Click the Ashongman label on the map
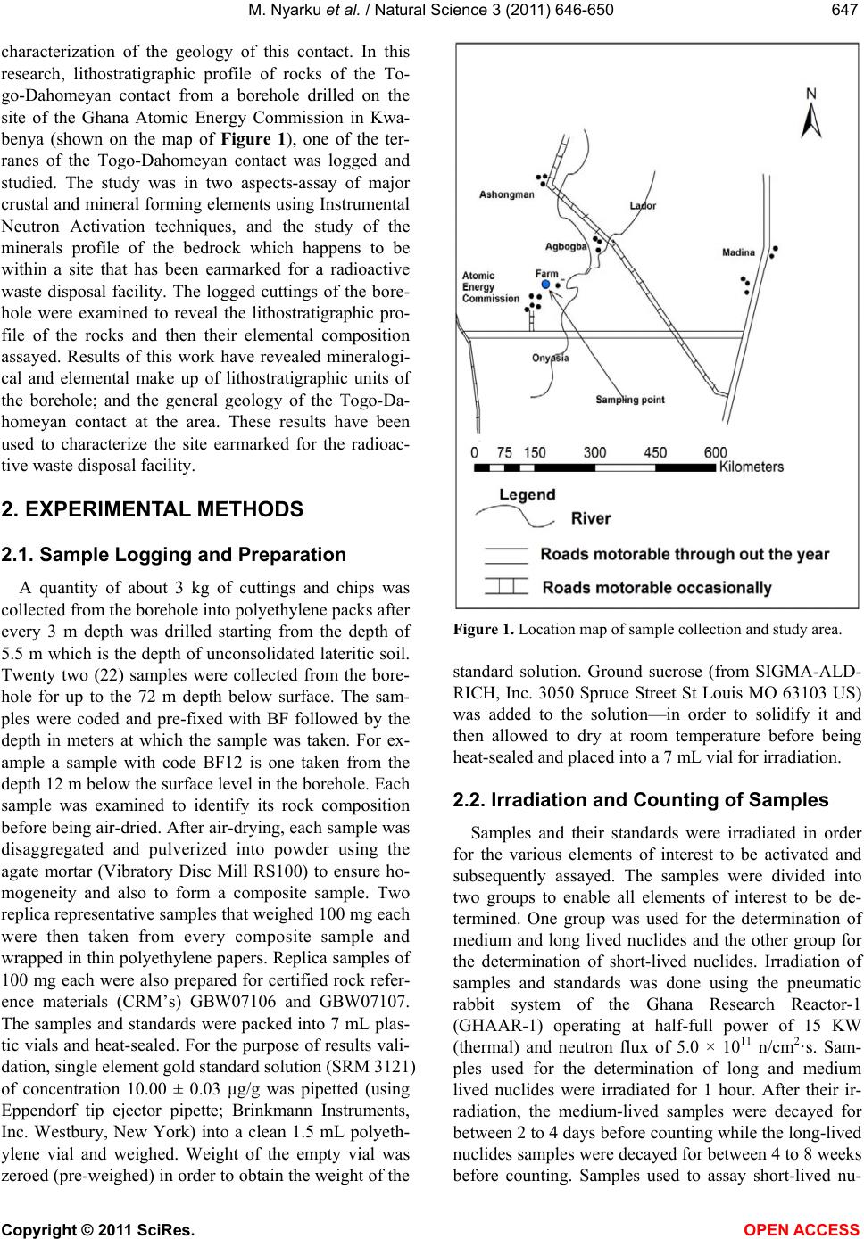507,194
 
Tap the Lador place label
643,206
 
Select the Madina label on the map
738,252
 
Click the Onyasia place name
551,358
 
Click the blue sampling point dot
546,284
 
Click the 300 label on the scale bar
594,453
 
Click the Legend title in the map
527,494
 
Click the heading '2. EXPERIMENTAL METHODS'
153,510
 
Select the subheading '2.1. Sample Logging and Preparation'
174,555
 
